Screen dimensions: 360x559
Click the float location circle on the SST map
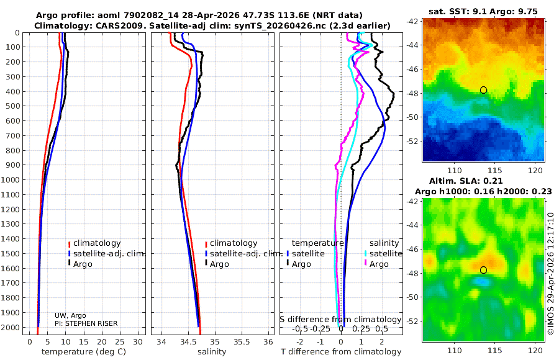(483, 90)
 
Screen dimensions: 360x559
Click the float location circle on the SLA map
(483, 270)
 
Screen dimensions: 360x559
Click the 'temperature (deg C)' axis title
(84, 352)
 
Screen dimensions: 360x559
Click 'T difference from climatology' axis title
(340, 352)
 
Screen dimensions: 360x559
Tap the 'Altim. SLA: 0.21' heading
(483, 180)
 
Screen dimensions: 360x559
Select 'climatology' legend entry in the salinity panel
(234, 243)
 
